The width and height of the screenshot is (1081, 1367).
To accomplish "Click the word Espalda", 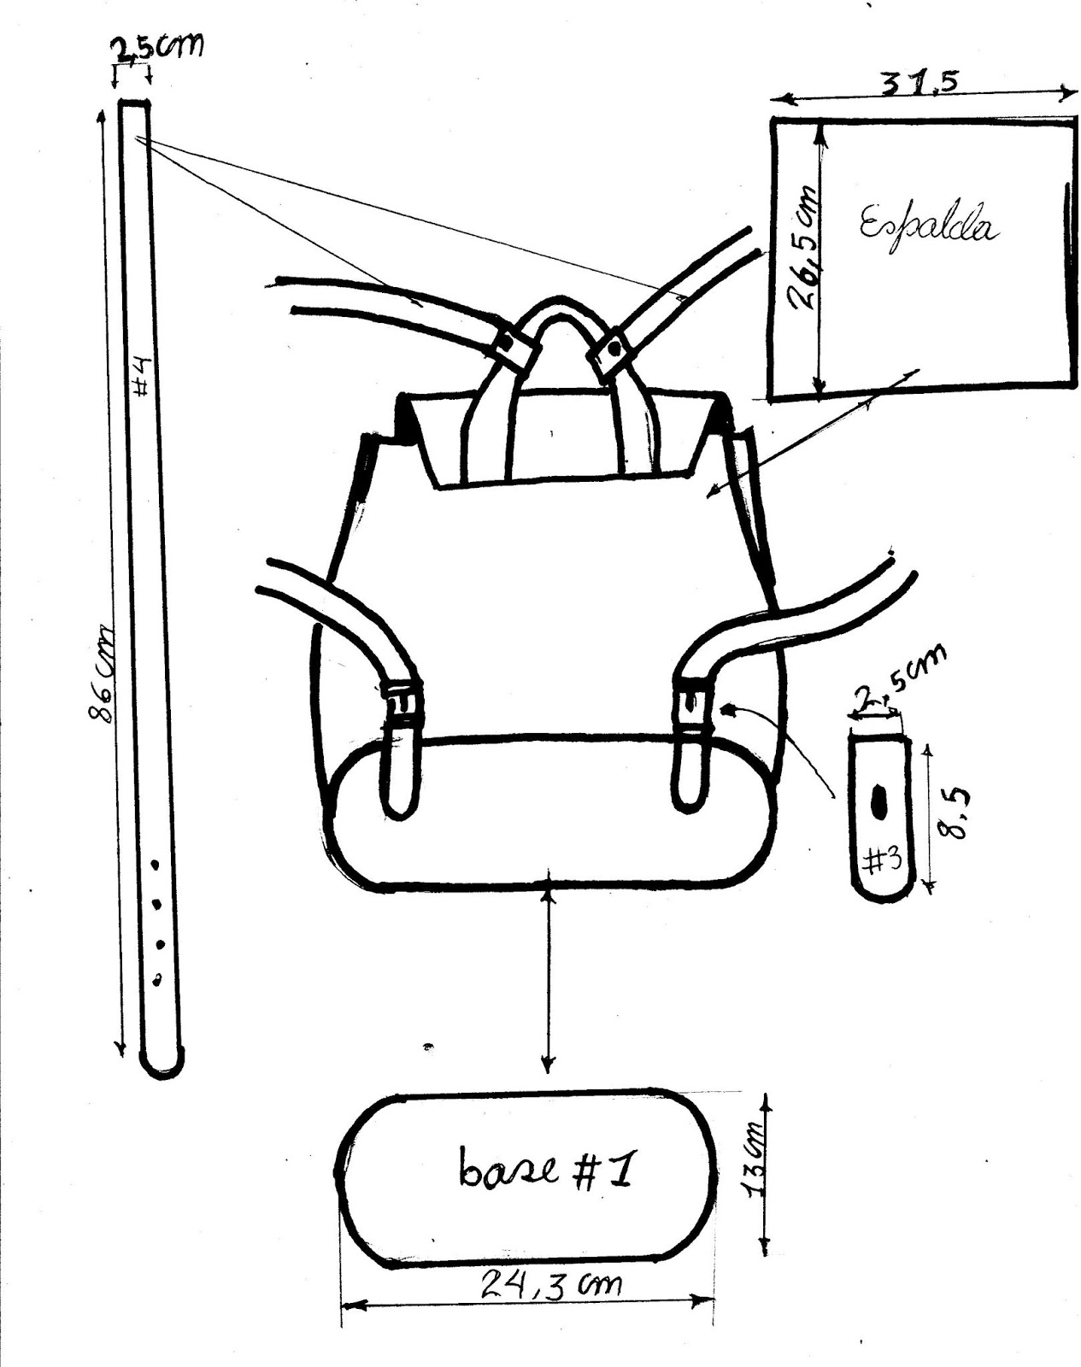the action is click(928, 224).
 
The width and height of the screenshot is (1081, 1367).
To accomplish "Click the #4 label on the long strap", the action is click(143, 376).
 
